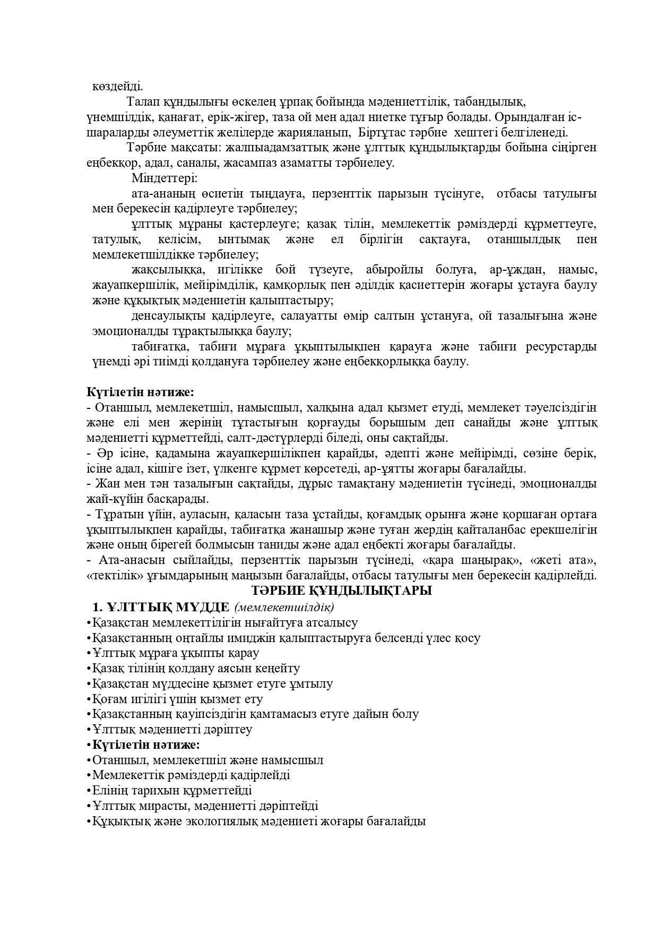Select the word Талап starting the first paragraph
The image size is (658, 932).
143,101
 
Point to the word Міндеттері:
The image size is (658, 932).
164,178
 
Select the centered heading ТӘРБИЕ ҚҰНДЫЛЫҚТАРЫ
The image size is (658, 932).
342,591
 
